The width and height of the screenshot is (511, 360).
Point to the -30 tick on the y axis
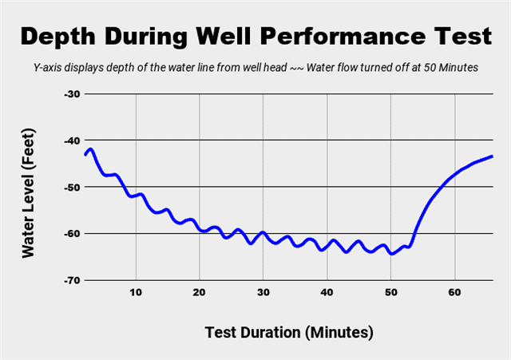tap(72, 93)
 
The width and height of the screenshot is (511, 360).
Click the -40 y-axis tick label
tap(72, 140)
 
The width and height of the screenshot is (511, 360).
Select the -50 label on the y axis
tap(72, 187)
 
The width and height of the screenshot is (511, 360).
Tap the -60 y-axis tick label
tap(72, 234)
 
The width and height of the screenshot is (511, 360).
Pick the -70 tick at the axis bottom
tap(72, 280)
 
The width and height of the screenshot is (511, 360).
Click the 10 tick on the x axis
tap(136, 292)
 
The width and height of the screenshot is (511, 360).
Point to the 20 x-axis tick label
tap(200, 292)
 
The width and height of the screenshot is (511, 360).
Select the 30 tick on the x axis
tap(263, 292)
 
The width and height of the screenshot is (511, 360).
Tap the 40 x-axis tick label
tap(327, 292)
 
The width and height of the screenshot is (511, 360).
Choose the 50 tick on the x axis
tap(390, 292)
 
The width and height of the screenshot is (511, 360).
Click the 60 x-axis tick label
tap(454, 292)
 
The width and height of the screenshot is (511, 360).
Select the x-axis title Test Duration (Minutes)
tap(289, 331)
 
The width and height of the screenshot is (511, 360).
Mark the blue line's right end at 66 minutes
tap(492, 156)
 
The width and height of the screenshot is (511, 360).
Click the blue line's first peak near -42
tap(91, 149)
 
